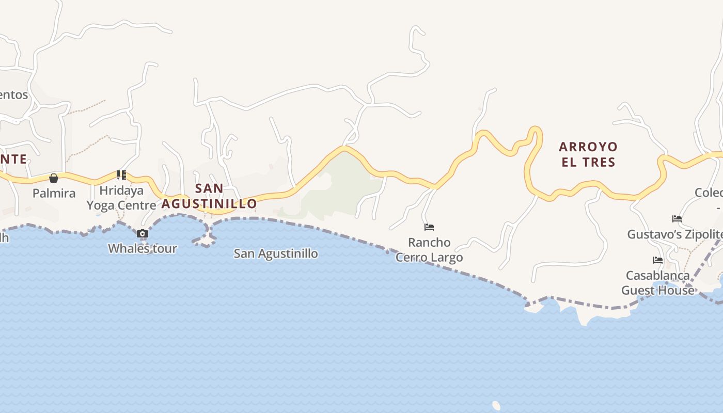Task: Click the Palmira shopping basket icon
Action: (54, 178)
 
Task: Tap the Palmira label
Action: (54, 193)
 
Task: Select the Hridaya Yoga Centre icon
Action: (121, 175)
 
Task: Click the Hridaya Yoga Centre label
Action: (121, 198)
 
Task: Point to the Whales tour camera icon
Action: (143, 234)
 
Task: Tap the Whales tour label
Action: (143, 248)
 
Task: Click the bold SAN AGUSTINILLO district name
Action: (209, 196)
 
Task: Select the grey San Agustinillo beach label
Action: (276, 253)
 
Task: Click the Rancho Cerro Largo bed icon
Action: (429, 227)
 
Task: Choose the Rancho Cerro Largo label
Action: (429, 249)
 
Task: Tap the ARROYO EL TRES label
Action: (588, 154)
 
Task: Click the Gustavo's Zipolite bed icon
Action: (677, 219)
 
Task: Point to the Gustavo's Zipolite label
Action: (674, 234)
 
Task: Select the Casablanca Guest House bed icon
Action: (658, 260)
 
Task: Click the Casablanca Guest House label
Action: (658, 282)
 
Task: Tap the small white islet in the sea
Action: (496, 406)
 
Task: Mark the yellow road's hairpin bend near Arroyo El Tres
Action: (536, 132)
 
